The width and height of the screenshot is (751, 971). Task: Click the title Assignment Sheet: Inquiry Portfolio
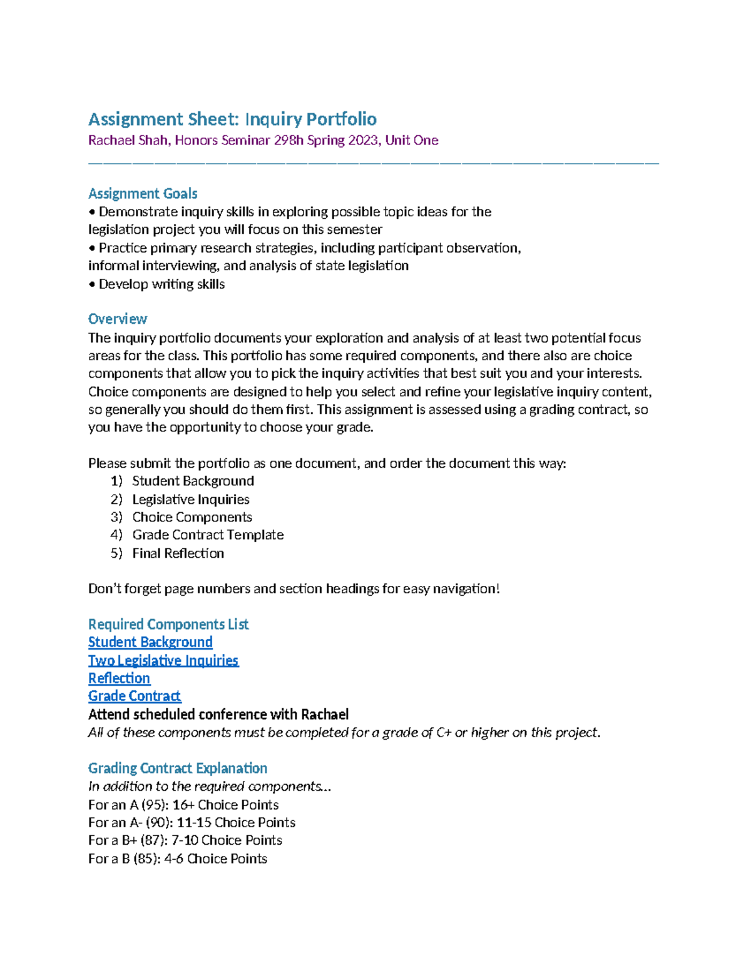pos(232,119)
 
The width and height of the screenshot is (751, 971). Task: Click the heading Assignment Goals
pos(143,193)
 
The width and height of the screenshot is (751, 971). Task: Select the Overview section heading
pos(118,319)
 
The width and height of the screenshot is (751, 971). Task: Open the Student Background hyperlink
pos(150,642)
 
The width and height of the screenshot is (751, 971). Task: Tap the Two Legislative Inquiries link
pos(163,660)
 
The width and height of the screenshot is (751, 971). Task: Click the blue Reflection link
pos(119,678)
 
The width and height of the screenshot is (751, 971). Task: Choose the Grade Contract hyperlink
pos(135,696)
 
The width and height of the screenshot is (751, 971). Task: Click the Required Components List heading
pos(168,624)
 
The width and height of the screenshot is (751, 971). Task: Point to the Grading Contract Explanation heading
pos(178,768)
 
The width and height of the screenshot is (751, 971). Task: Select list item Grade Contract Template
pos(208,535)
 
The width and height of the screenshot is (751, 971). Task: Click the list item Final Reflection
pos(178,553)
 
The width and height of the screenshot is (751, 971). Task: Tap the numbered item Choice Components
pos(192,517)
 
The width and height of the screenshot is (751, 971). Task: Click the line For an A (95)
pos(183,805)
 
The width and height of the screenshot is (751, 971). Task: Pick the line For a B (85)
pos(178,858)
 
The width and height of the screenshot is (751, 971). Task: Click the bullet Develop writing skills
pos(161,284)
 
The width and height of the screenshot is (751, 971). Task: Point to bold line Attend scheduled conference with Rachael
pos(218,714)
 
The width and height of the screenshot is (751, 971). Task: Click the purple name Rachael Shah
pos(128,140)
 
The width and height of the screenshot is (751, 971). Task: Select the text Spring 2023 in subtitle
pos(342,140)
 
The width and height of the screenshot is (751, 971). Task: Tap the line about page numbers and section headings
pos(294,588)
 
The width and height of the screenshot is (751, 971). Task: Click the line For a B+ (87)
pos(185,840)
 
